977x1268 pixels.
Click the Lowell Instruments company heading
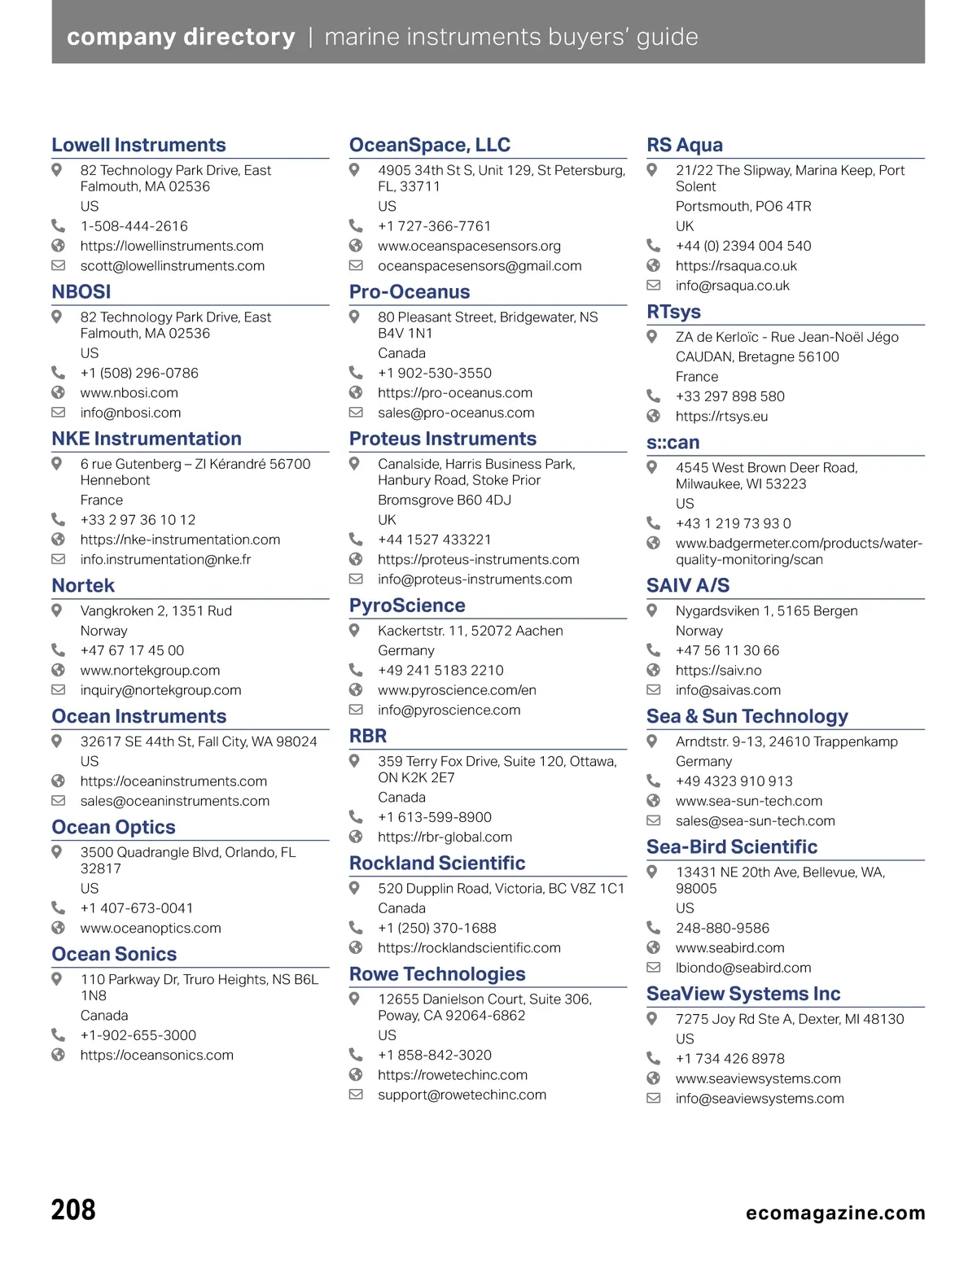click(138, 145)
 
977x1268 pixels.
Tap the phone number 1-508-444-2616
click(134, 226)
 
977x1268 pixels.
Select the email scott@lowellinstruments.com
click(172, 266)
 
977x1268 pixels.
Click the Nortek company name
click(83, 586)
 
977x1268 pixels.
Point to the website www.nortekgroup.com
click(150, 671)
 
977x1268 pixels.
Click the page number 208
click(73, 1210)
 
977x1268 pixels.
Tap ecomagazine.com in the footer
click(835, 1213)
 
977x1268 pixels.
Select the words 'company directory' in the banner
click(181, 37)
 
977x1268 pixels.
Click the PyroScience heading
click(407, 606)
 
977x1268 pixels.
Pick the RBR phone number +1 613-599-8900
click(435, 817)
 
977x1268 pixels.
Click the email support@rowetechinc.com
click(462, 1095)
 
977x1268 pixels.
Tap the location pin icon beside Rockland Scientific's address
click(355, 888)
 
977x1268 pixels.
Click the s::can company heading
click(673, 443)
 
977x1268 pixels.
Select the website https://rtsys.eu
click(721, 417)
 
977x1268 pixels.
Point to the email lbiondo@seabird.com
click(743, 968)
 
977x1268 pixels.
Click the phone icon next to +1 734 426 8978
click(653, 1058)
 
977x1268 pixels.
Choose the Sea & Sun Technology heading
click(747, 716)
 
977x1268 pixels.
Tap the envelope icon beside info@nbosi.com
click(58, 413)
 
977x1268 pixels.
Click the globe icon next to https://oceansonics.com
click(58, 1055)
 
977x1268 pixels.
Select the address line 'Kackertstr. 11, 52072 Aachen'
click(470, 631)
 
